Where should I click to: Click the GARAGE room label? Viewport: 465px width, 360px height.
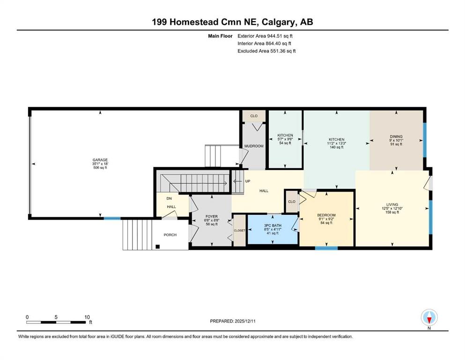[100, 160]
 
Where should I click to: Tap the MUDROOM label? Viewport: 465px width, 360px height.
[254, 146]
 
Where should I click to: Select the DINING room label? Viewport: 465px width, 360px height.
[396, 136]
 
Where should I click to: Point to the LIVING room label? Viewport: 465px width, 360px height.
[392, 204]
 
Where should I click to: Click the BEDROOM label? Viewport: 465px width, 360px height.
[326, 215]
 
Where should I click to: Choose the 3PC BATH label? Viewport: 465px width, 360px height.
[273, 225]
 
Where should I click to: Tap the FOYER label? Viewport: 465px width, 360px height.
[212, 217]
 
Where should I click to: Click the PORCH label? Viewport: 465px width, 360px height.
[170, 235]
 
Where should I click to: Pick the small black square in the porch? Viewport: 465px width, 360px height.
[158, 247]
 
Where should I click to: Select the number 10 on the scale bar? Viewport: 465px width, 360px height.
[87, 317]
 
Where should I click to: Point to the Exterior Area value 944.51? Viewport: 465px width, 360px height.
[276, 36]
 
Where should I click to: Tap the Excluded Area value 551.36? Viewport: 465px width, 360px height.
[279, 51]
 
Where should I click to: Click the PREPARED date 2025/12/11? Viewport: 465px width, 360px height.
[245, 321]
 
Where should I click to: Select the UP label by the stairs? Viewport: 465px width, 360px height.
[248, 181]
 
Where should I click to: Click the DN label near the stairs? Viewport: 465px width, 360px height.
[169, 199]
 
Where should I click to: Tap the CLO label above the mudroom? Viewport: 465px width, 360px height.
[254, 116]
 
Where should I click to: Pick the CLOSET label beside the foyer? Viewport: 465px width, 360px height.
[240, 231]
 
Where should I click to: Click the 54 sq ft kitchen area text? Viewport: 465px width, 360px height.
[285, 143]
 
